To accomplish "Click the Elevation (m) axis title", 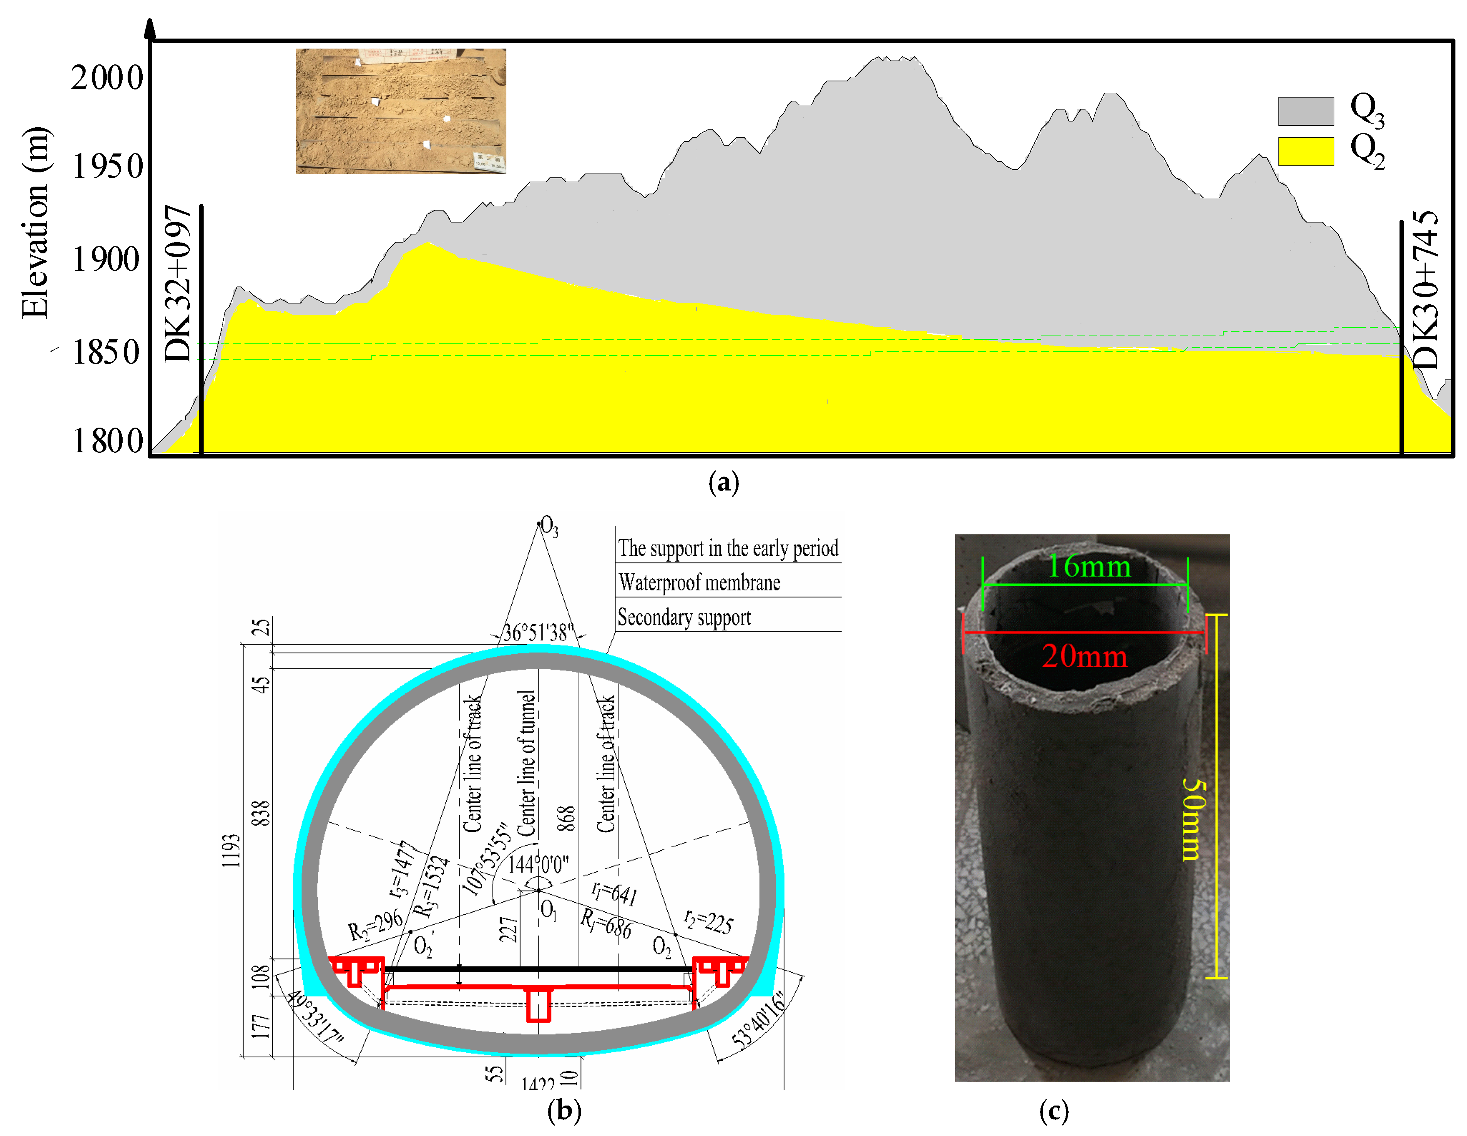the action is point(35,222).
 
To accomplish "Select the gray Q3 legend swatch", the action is point(1305,111).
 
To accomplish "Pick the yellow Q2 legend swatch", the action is point(1305,151).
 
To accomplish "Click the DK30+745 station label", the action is point(1425,290).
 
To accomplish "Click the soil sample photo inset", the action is point(401,111).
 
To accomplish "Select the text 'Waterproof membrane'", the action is point(699,582).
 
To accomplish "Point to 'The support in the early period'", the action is point(728,548).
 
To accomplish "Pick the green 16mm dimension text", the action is point(1089,566).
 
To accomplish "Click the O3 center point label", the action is point(549,526).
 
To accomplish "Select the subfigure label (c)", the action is point(1053,1112).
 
